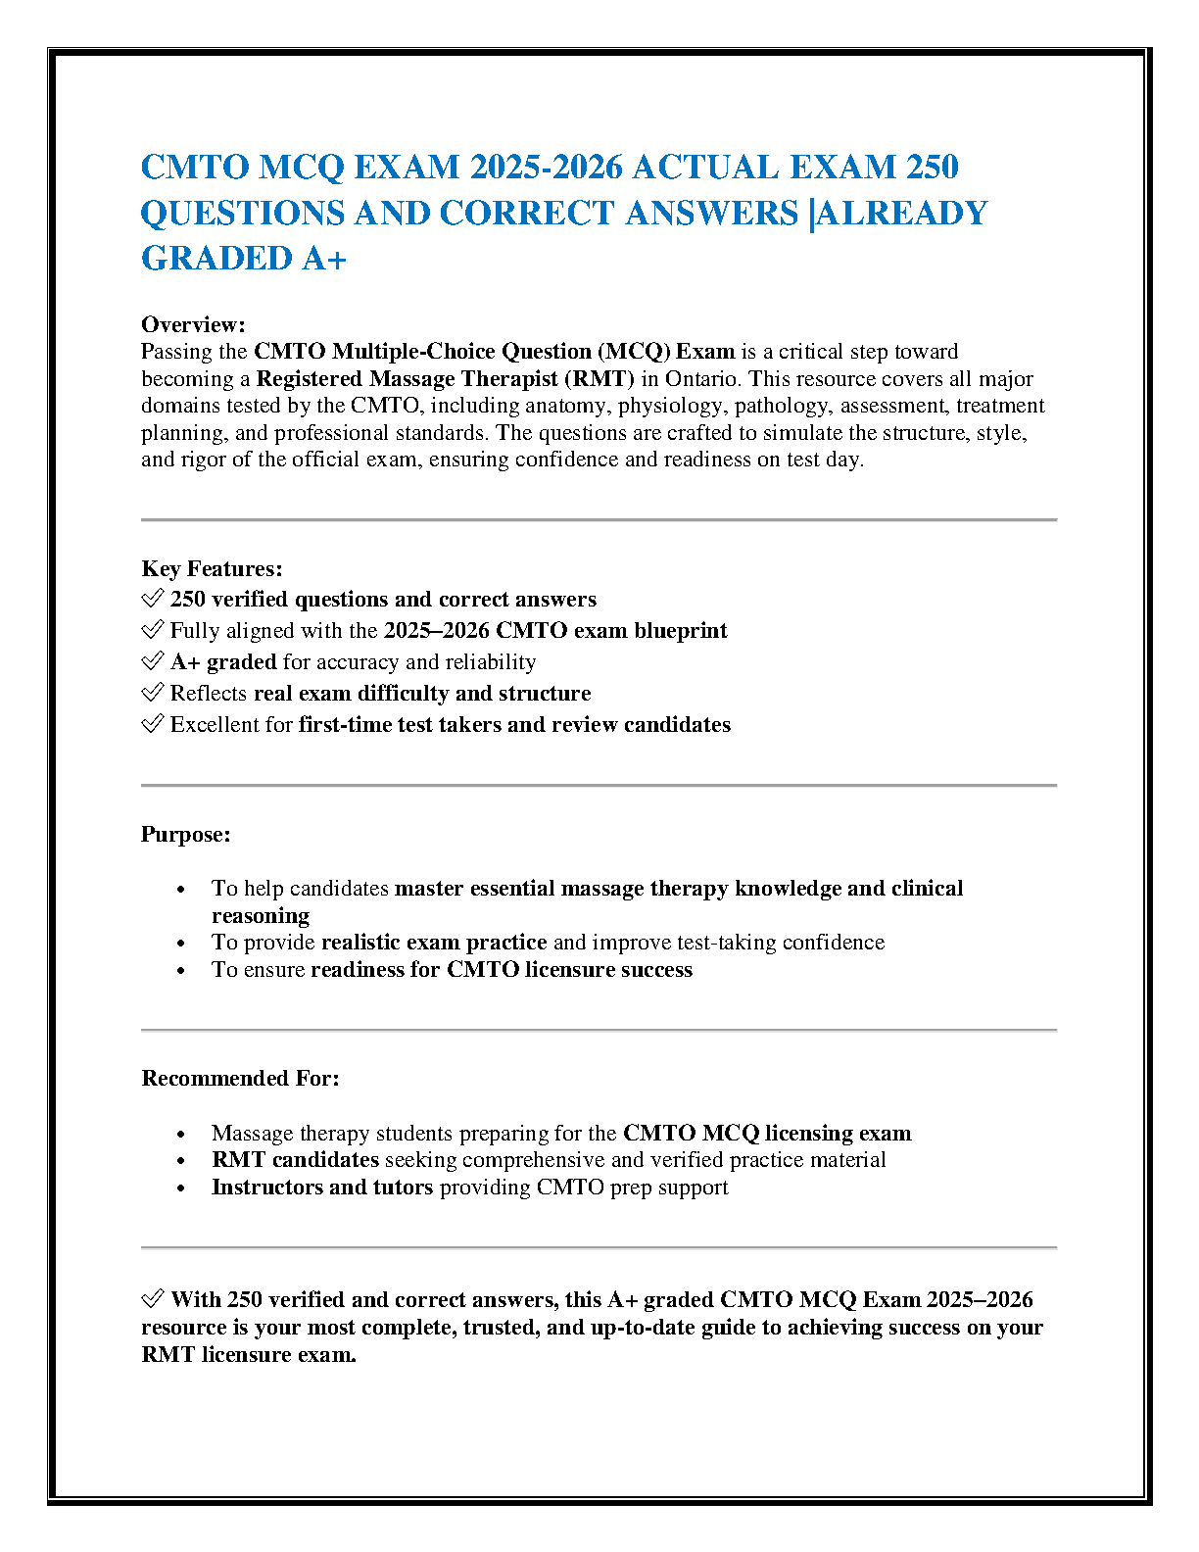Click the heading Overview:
193,324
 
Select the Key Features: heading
212,568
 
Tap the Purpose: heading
186,834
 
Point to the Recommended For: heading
240,1078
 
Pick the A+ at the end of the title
324,258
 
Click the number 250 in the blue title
932,167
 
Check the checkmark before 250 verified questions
152,599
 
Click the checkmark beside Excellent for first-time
152,724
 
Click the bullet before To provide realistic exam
181,943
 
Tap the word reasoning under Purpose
261,915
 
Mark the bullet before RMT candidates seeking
181,1160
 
